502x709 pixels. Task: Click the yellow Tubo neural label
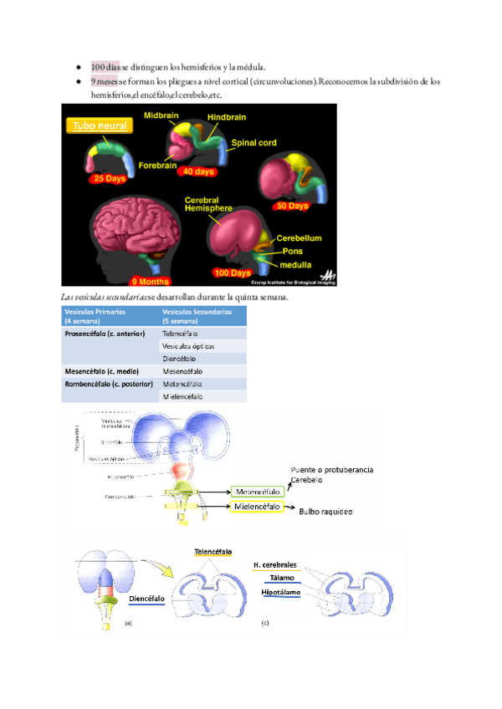[x=99, y=126]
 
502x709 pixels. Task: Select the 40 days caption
[x=198, y=171]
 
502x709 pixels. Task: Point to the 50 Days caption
[x=293, y=205]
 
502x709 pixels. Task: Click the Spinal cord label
[x=254, y=143]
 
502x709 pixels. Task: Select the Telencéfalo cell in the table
[x=180, y=334]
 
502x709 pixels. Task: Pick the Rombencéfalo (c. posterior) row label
[x=109, y=384]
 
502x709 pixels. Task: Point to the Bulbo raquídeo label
[x=327, y=511]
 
